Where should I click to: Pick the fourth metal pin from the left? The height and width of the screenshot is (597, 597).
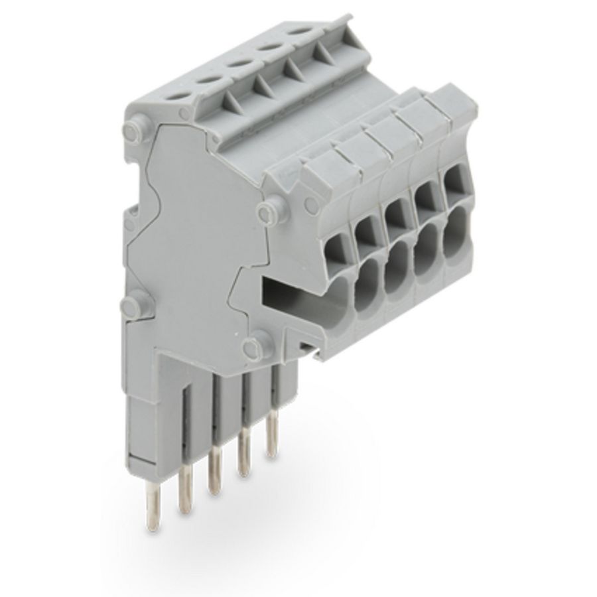pyautogui.click(x=243, y=454)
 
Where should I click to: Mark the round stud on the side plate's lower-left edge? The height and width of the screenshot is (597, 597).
pyautogui.click(x=132, y=306)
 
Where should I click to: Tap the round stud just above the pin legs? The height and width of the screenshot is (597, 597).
pyautogui.click(x=252, y=346)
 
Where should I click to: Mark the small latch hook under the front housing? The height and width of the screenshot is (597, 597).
pyautogui.click(x=306, y=346)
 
